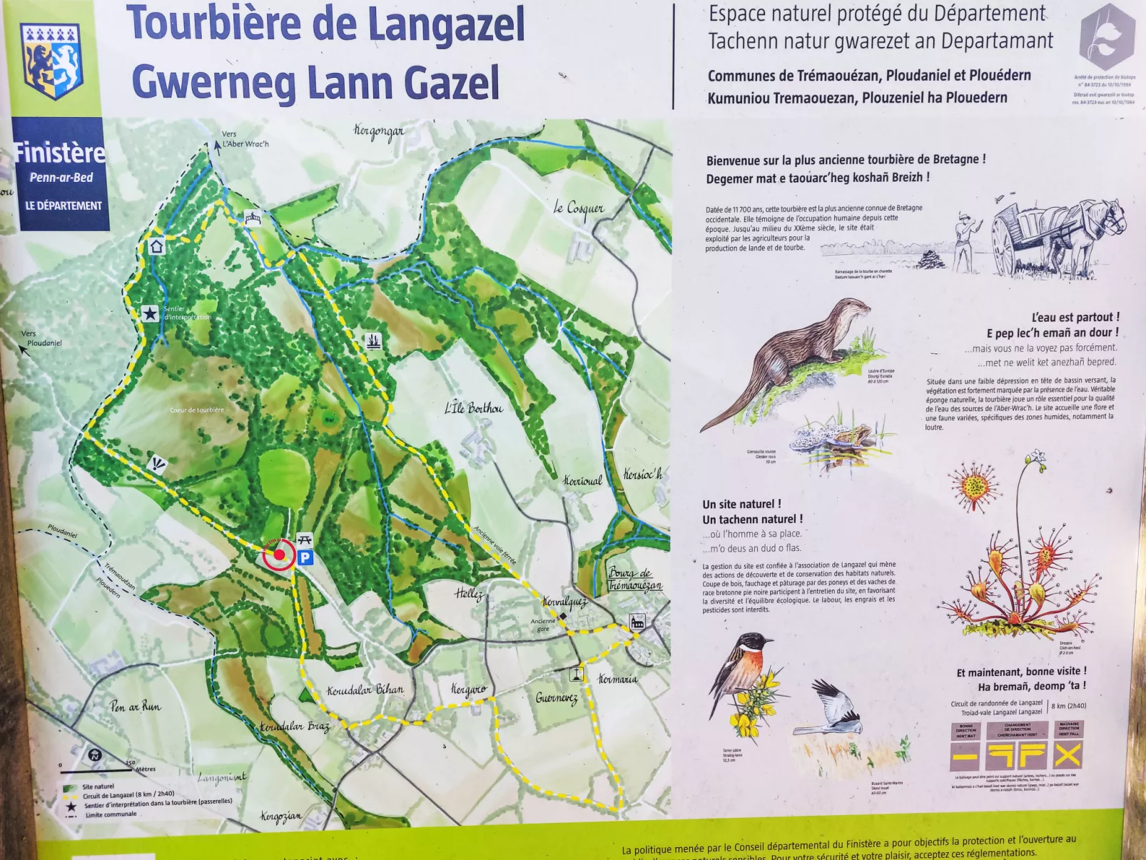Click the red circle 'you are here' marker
coord(279,555)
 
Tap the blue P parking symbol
coord(305,557)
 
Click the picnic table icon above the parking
coord(305,540)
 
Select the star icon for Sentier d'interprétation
coord(150,313)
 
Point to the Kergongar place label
coord(378,131)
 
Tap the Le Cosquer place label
coord(579,208)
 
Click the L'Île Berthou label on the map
coord(474,408)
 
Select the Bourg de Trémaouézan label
coord(634,579)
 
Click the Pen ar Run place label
coord(136,706)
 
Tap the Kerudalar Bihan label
coord(365,690)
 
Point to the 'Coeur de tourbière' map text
coord(197,410)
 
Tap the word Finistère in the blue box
coord(60,153)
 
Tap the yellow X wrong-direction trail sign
coord(1068,754)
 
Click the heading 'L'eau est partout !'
coord(1075,317)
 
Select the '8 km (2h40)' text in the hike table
coord(1068,706)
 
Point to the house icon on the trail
coord(157,247)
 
